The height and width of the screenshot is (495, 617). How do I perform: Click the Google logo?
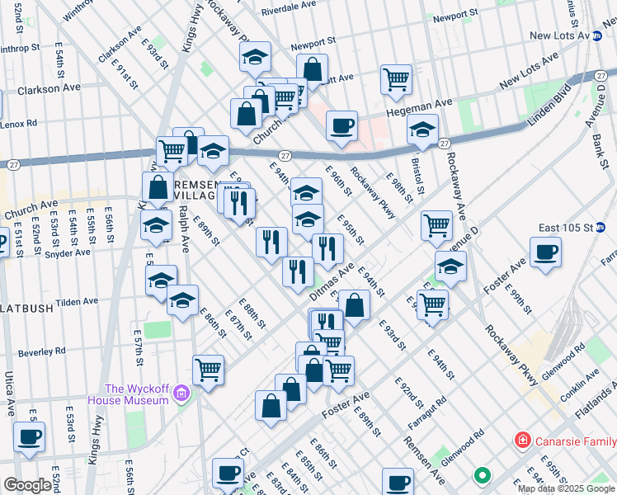pyautogui.click(x=27, y=485)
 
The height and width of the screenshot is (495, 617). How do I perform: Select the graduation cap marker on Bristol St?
pyautogui.click(x=422, y=130)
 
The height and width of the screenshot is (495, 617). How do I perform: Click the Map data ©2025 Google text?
pyautogui.click(x=565, y=488)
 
